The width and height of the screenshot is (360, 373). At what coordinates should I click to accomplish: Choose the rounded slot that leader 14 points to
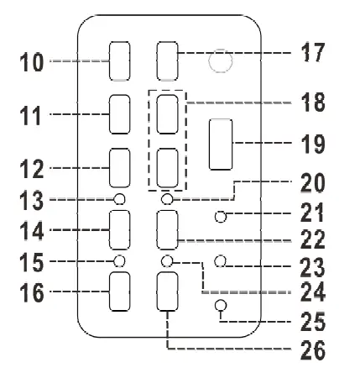120,228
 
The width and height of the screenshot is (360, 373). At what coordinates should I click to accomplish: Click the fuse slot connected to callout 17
169,59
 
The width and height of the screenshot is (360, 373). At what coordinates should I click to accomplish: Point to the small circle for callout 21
221,217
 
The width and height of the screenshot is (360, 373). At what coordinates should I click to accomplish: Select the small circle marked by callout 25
221,305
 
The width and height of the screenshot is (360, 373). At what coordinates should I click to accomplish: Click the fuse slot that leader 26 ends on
169,292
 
